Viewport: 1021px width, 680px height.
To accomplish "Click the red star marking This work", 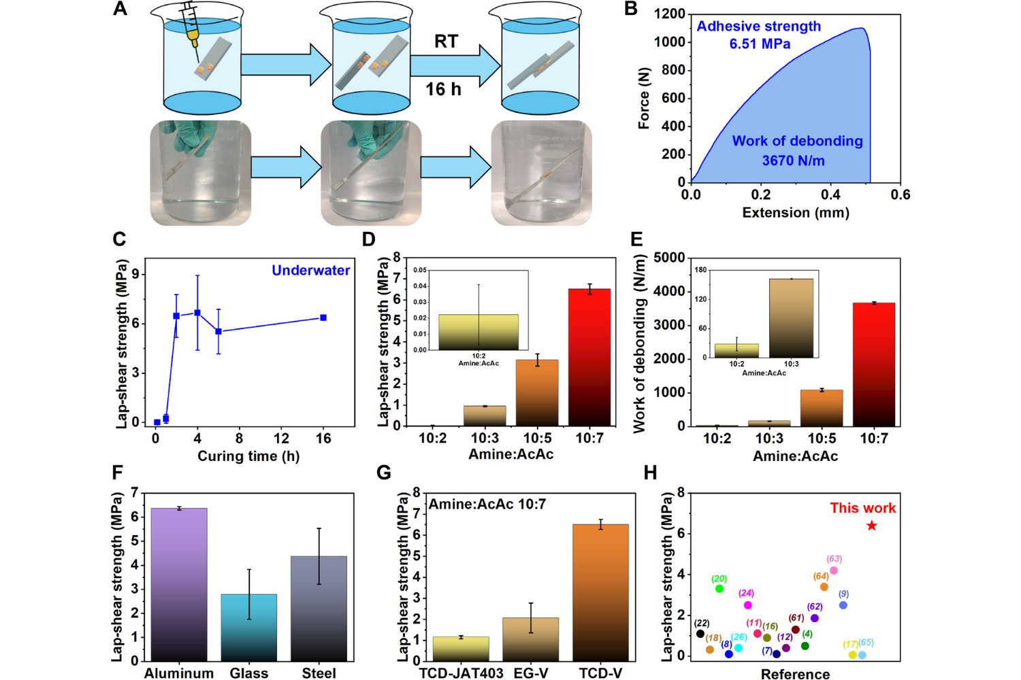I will [x=872, y=526].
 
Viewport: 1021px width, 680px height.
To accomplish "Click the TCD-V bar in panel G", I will [x=600, y=592].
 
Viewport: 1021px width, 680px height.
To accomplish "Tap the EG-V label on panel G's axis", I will [x=531, y=673].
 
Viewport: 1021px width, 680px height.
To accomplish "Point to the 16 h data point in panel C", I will [x=323, y=318].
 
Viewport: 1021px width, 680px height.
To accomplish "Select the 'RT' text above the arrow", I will [x=446, y=41].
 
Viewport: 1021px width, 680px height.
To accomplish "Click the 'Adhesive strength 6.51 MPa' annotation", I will [x=759, y=35].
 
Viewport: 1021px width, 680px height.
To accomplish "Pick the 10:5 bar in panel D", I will [x=537, y=392].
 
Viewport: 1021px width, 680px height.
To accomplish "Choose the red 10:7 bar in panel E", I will [x=873, y=364].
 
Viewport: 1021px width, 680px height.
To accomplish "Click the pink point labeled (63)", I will [x=834, y=571].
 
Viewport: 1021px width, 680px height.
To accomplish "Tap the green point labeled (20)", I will [x=719, y=588].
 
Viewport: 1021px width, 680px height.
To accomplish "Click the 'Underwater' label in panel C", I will [x=311, y=271].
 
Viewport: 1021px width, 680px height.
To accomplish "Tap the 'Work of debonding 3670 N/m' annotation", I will [x=797, y=151].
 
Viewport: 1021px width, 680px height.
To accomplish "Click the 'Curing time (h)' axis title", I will [x=248, y=456].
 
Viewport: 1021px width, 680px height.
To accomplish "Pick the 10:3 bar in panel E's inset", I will [x=791, y=318].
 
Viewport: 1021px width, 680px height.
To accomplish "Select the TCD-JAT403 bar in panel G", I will [x=461, y=649].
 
